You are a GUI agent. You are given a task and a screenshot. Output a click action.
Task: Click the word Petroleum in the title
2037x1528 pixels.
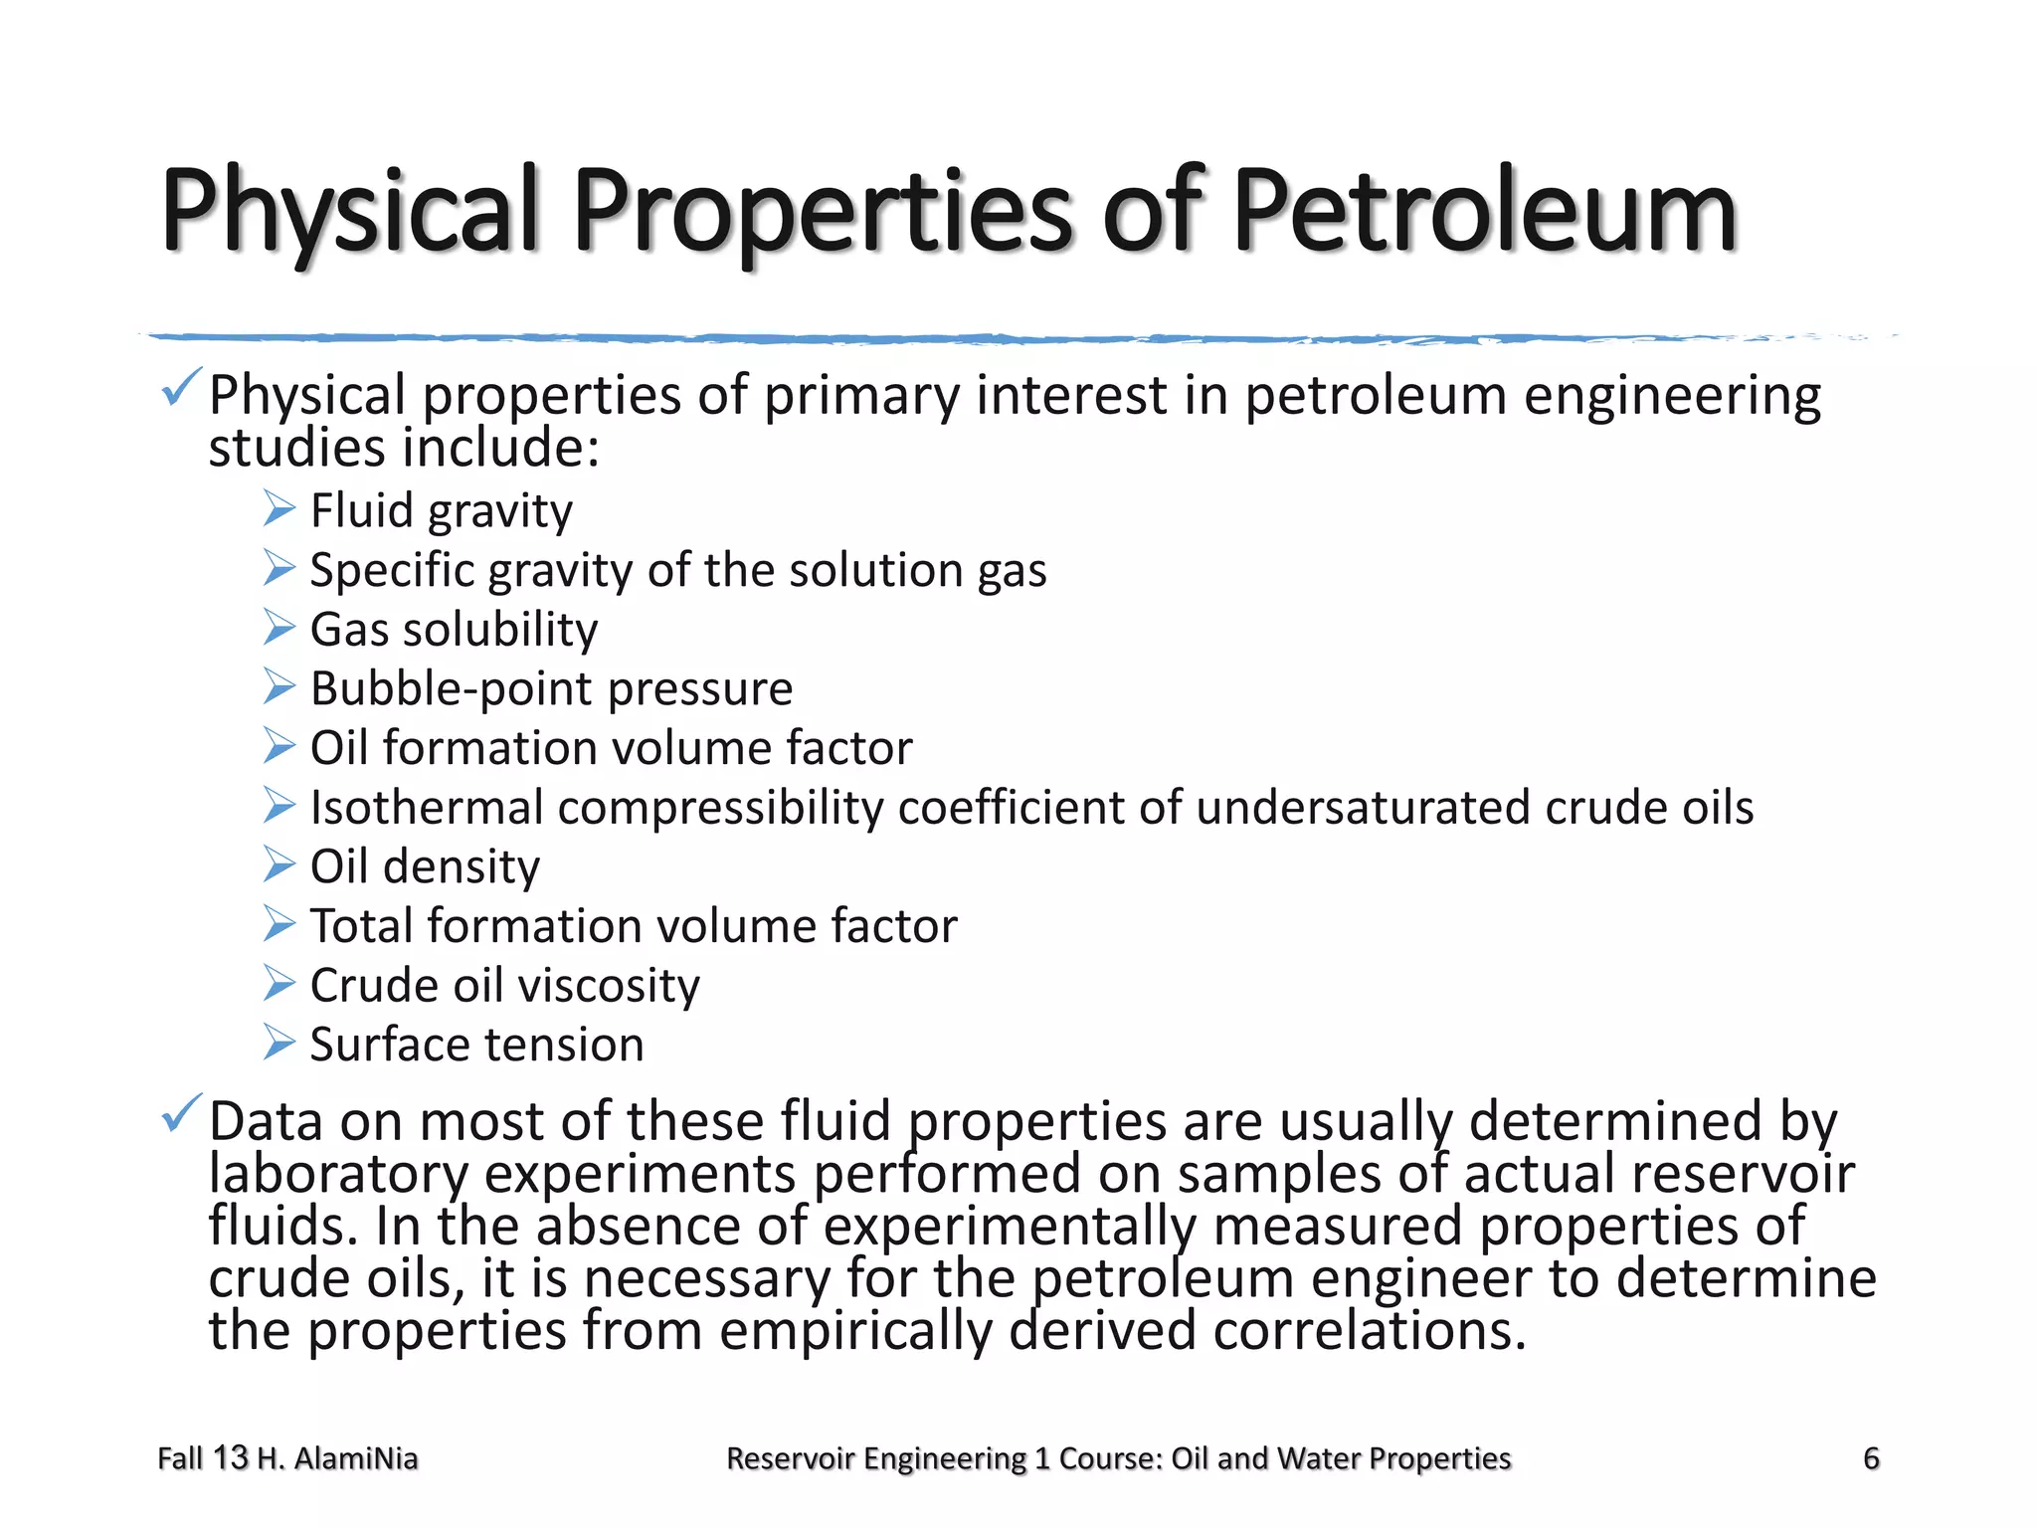click(1485, 212)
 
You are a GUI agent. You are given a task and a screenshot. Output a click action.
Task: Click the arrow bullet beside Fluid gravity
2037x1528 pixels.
click(279, 509)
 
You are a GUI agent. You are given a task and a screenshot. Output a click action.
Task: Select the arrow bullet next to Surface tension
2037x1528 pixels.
click(279, 1044)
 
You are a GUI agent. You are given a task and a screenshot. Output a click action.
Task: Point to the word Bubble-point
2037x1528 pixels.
click(452, 688)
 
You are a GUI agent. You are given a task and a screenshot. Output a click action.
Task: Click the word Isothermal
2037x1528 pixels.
click(426, 807)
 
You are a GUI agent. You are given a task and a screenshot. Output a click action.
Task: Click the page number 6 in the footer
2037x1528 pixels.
click(1871, 1458)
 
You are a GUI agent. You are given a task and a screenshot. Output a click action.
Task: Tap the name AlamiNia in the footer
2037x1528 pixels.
click(355, 1458)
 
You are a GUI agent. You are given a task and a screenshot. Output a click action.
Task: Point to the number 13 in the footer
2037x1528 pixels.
click(230, 1457)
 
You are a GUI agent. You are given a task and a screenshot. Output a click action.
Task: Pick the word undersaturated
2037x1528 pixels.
click(1363, 807)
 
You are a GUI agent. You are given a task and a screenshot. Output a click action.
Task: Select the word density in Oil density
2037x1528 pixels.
click(462, 866)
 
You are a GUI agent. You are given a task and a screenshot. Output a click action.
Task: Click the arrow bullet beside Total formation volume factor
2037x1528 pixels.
click(279, 925)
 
